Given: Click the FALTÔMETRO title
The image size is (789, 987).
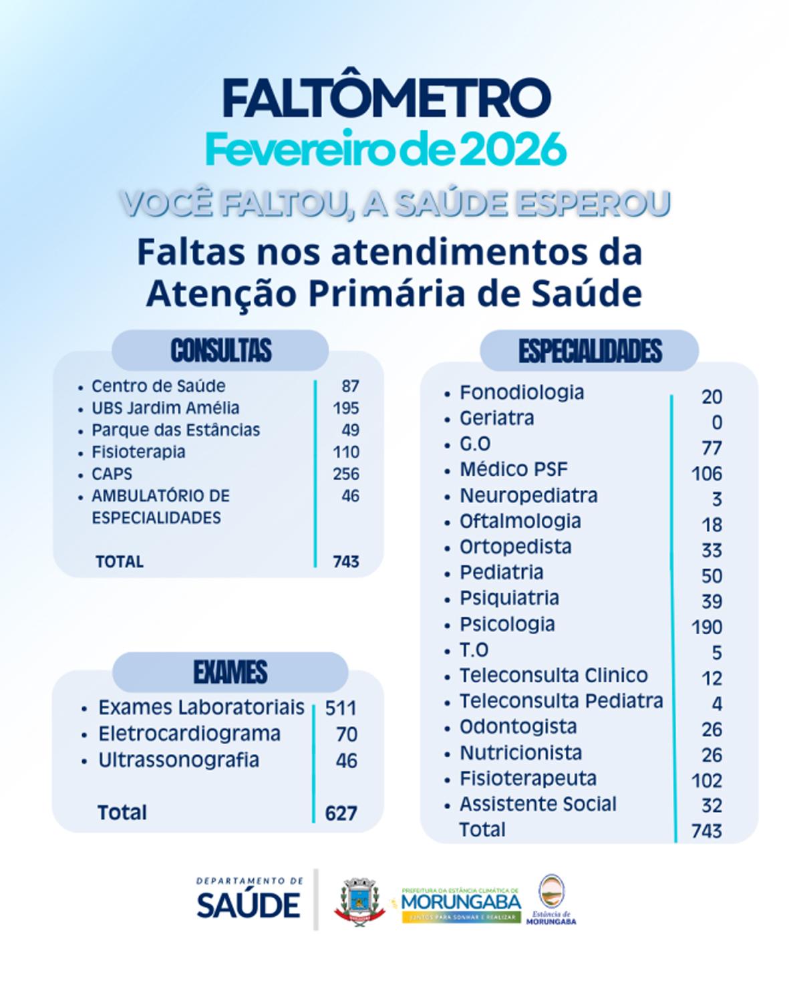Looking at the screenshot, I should point(387,98).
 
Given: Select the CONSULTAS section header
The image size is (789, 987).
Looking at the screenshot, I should point(221,350).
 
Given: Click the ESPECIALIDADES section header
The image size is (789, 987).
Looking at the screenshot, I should point(590,351).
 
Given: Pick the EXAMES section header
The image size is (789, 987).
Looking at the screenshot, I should point(230,672).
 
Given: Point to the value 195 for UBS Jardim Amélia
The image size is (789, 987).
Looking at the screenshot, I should point(346,408).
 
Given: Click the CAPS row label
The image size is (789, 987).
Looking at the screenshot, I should point(112,474).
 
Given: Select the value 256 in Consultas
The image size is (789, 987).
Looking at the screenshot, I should point(346,474).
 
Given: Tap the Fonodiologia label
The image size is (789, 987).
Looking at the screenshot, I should point(522,392).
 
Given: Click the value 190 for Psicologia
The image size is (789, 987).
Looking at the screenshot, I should point(707,627).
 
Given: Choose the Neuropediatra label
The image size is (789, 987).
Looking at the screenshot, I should point(528,495).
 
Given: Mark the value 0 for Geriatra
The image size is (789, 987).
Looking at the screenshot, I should point(717,422).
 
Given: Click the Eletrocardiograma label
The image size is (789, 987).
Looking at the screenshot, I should point(189,734).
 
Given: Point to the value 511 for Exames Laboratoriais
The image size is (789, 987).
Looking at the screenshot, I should point(341,708).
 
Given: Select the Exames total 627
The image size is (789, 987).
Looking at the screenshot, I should point(341,813).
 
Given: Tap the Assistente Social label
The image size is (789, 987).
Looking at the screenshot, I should point(538,804).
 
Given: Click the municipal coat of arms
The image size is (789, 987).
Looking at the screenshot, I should point(359,901).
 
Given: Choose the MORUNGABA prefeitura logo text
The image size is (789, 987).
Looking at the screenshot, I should point(461,901).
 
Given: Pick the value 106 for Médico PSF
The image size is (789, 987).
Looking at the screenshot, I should point(707,474).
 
